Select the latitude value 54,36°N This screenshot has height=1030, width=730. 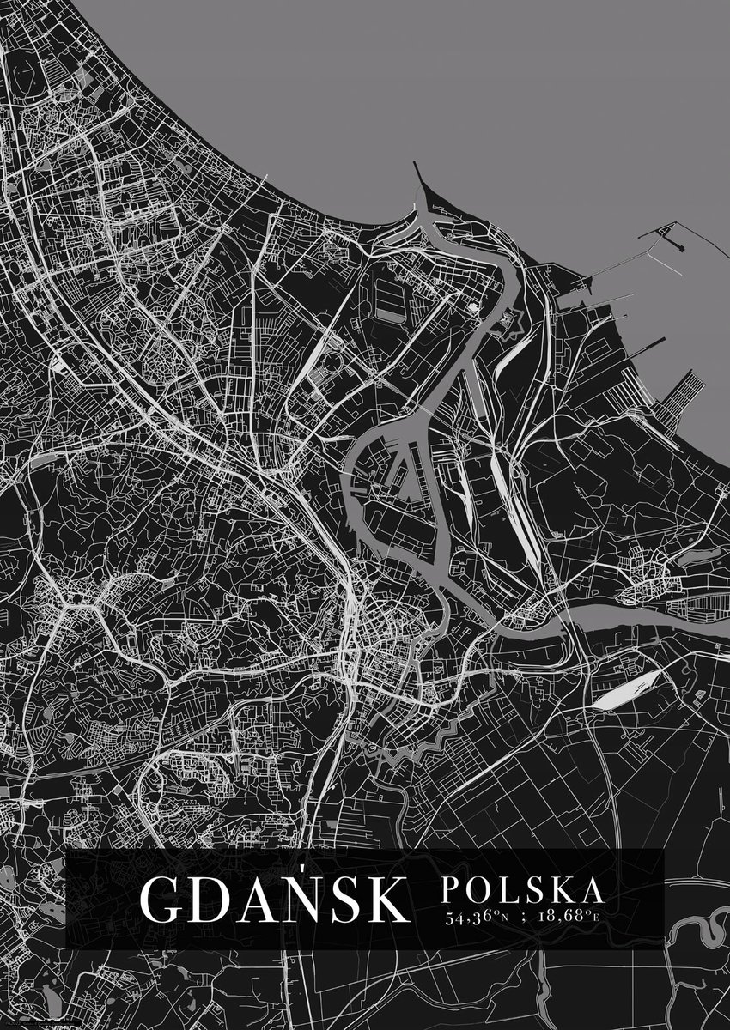(x=478, y=916)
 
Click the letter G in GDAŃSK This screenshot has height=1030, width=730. (x=161, y=898)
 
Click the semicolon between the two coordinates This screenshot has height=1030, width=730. (x=517, y=917)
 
